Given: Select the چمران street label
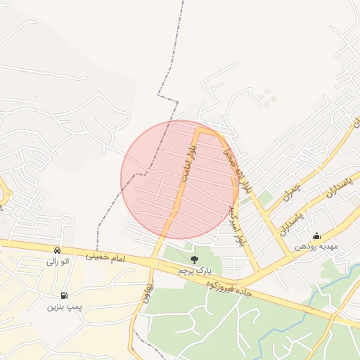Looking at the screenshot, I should (292, 191).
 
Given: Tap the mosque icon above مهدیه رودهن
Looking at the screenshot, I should (316, 236).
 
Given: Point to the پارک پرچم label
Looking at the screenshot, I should (194, 270).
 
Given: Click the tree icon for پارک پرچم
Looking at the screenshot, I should (194, 260).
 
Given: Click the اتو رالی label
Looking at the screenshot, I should (57, 262).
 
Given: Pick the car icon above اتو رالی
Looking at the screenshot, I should (57, 250).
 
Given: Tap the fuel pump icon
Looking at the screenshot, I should (65, 296).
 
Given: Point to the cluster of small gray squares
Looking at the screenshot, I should (266, 96).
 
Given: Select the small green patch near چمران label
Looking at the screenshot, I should (264, 199).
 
